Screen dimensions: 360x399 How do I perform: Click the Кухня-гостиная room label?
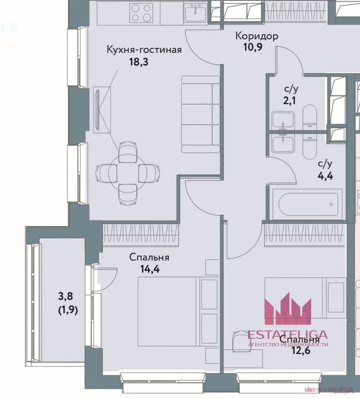144,50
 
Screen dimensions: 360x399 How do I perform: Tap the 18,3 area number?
139,62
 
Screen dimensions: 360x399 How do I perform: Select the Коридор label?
257,36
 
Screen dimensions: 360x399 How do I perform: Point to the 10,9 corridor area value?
253,47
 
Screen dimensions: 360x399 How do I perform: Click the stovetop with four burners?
141,12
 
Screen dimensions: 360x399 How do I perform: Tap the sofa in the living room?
201,114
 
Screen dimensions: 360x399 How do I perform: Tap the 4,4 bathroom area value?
325,176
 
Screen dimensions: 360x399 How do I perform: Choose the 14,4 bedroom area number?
150,269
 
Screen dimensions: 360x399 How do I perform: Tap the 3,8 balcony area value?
65,296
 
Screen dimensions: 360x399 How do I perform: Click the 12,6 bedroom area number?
301,351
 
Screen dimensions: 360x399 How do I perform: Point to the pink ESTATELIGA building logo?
288,309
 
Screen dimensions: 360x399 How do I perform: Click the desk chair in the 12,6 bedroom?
242,341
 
